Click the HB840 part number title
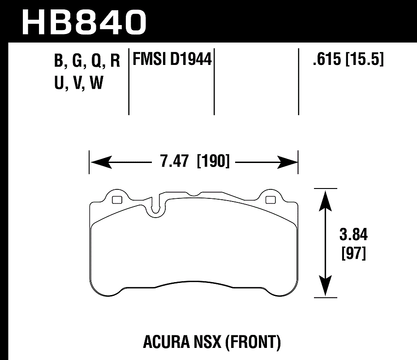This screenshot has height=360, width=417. [84, 21]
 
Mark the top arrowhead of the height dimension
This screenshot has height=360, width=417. [325, 197]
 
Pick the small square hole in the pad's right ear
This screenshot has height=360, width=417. [270, 200]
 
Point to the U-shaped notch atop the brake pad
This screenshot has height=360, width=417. [156, 207]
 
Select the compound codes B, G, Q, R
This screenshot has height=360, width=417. [87, 61]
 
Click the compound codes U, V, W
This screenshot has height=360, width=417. [78, 83]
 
